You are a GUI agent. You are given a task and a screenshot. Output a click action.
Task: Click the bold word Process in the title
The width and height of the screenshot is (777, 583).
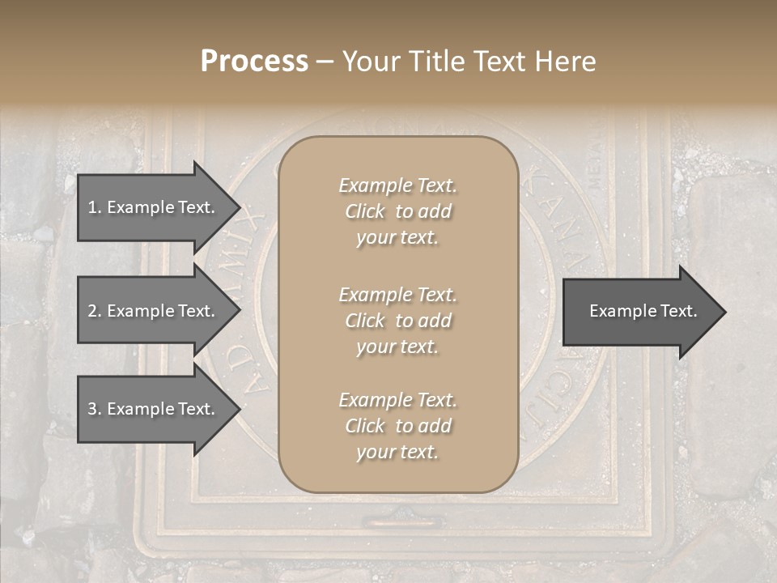tap(254, 62)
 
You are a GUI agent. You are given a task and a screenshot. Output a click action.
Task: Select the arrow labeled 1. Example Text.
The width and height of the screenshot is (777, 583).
tap(151, 207)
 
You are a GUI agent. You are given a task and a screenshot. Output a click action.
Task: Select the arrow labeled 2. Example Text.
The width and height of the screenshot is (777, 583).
tap(151, 311)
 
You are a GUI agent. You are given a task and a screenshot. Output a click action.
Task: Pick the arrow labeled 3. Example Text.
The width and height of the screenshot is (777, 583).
tap(151, 409)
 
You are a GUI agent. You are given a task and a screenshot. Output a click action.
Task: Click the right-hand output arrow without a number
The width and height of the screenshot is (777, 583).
tap(643, 311)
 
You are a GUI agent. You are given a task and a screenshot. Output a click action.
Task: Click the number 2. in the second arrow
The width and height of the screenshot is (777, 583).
tap(95, 311)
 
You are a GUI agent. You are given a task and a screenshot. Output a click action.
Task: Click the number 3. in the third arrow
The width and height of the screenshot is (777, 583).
tap(95, 409)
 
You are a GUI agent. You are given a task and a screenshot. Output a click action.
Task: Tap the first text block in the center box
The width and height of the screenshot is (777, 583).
tap(397, 211)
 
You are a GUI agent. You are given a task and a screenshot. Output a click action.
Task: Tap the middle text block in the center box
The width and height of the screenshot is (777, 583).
tap(397, 321)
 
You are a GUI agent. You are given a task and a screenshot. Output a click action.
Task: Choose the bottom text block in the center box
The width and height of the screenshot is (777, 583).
tap(397, 426)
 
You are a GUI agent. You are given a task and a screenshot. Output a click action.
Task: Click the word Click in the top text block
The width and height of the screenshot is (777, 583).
tap(365, 211)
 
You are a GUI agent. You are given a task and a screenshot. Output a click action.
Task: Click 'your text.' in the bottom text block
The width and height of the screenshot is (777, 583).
tap(397, 452)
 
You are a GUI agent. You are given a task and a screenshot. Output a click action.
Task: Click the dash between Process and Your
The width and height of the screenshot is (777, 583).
tap(325, 62)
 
